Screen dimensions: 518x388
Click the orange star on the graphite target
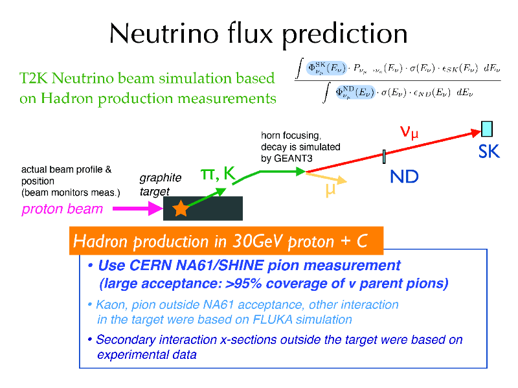tap(181, 208)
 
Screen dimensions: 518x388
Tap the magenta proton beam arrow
tap(138, 209)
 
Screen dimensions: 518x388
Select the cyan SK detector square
tap(487, 129)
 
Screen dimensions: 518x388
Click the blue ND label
tap(404, 176)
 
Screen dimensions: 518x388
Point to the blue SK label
tap(489, 152)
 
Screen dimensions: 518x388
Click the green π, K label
tap(218, 173)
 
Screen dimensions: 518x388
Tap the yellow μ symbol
tap(330, 190)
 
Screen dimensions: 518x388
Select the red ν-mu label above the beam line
tap(409, 132)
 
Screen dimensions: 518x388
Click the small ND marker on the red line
tap(384, 157)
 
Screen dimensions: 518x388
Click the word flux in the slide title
tap(250, 34)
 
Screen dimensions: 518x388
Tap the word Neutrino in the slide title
tap(164, 34)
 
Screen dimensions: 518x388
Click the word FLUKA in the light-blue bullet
tap(272, 319)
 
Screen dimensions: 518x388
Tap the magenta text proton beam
tap(62, 209)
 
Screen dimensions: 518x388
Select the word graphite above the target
tap(161, 178)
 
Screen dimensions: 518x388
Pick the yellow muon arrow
tap(326, 177)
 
